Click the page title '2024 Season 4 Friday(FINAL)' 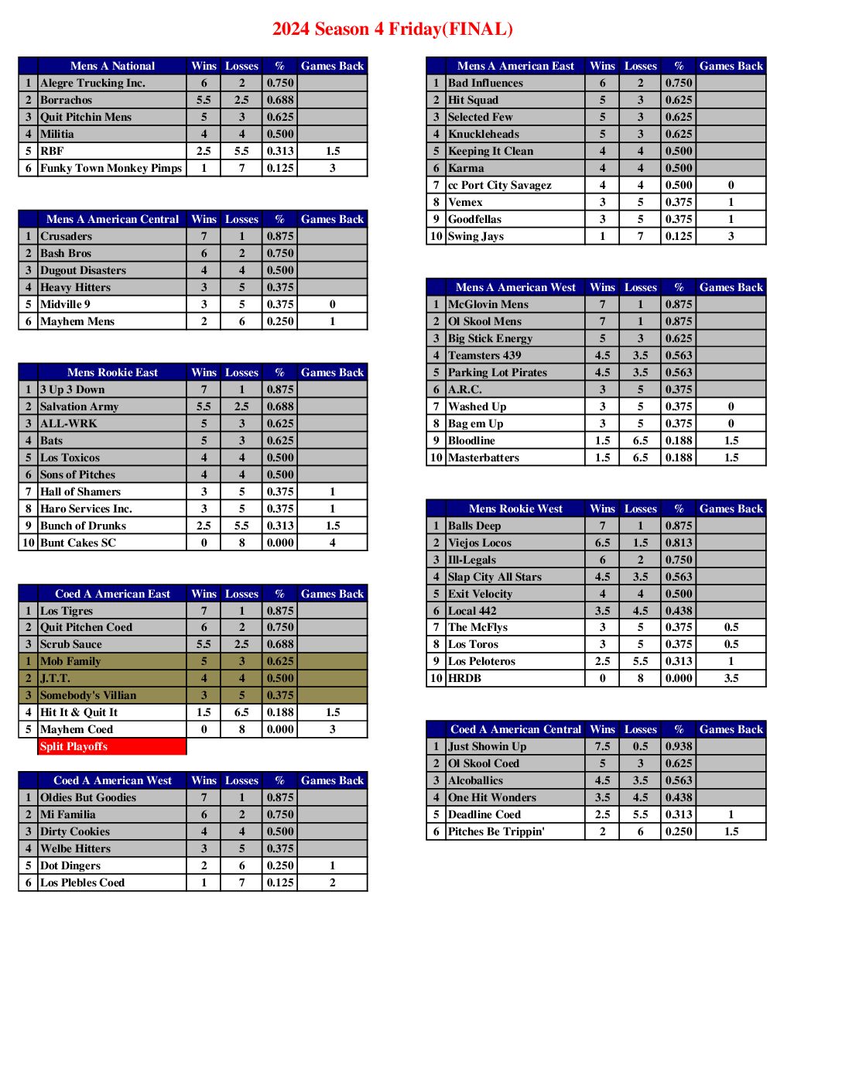click(x=392, y=29)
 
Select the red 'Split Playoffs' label click(x=74, y=746)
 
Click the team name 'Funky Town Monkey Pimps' click(x=111, y=168)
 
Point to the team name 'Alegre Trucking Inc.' click(x=93, y=83)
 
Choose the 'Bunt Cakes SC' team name click(x=78, y=543)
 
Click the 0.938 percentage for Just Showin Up click(x=679, y=746)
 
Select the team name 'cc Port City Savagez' click(x=500, y=185)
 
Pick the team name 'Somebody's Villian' click(x=88, y=695)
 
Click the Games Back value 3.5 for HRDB click(x=731, y=678)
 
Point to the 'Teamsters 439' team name click(x=484, y=355)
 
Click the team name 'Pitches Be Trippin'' click(x=496, y=831)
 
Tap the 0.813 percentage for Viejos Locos click(x=679, y=543)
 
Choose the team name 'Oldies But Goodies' click(x=88, y=797)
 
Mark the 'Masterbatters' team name click(x=484, y=458)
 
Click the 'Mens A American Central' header click(x=112, y=219)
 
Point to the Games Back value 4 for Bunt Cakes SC click(x=332, y=543)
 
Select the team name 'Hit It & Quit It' click(x=79, y=712)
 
